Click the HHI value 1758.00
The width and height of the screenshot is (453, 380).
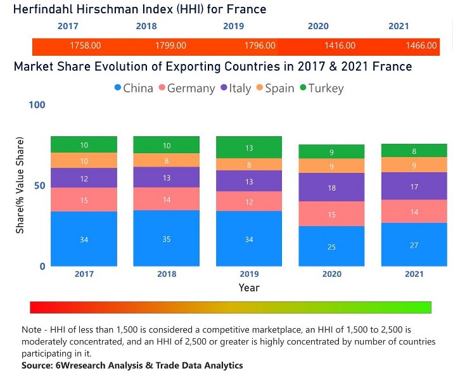[x=85, y=46]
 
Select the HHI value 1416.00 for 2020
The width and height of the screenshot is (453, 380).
[x=340, y=46]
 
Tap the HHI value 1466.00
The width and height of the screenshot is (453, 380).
[x=421, y=46]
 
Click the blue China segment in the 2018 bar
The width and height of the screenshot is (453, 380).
[x=167, y=239]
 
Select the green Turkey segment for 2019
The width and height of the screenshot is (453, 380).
[x=249, y=148]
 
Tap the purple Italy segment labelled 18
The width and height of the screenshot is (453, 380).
[x=332, y=187]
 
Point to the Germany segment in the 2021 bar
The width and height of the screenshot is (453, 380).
[x=414, y=212]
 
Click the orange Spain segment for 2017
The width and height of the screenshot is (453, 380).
[x=84, y=161]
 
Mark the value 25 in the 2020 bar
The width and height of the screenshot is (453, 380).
[x=332, y=246]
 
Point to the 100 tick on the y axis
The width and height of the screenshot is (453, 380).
[x=37, y=104]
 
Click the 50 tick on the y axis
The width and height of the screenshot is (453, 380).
[x=40, y=186]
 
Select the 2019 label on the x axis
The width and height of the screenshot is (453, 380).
[x=249, y=274]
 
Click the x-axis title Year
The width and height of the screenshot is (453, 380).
[x=249, y=288]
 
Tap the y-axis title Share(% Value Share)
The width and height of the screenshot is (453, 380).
[x=20, y=185]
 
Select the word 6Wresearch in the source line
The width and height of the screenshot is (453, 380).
[x=73, y=365]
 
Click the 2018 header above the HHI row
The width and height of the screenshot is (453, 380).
[x=146, y=27]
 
